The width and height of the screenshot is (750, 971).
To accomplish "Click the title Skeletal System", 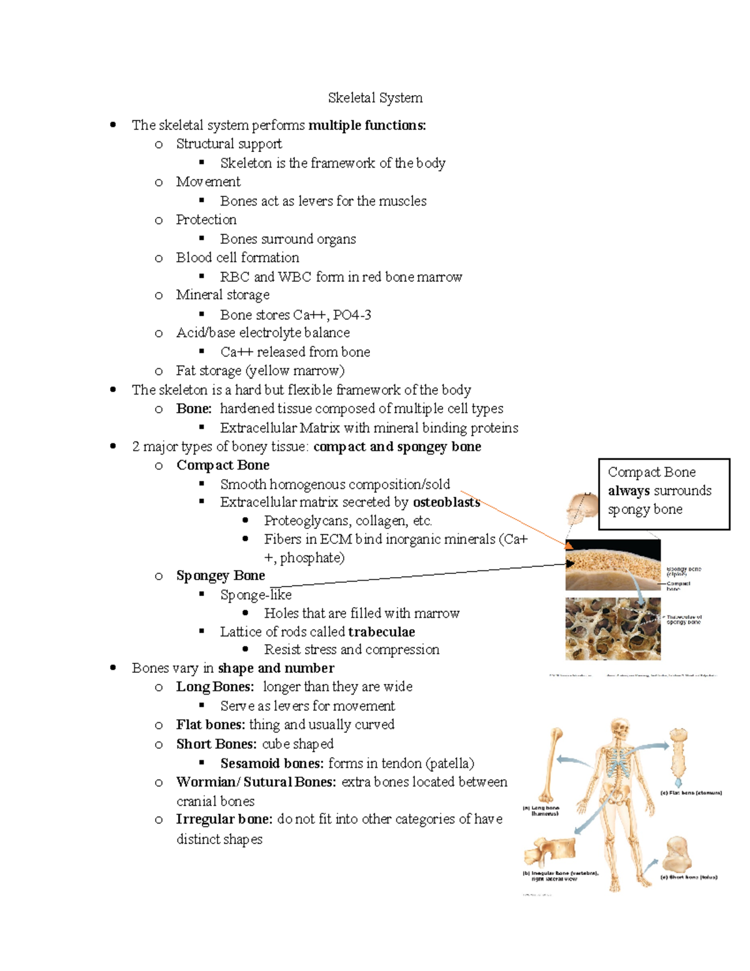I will tap(375, 98).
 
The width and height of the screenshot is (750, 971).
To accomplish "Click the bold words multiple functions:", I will tap(367, 125).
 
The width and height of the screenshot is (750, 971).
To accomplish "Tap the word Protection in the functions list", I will tap(206, 219).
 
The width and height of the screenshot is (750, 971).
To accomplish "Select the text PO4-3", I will tap(352, 314).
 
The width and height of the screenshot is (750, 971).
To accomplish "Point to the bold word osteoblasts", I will tap(446, 502).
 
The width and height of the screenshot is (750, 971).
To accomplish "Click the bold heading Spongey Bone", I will tap(220, 575).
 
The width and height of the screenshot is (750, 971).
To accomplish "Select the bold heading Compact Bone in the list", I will tap(222, 465).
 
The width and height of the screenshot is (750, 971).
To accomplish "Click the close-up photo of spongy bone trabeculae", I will tap(612, 628).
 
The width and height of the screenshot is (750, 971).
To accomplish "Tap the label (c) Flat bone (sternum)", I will tap(691, 793).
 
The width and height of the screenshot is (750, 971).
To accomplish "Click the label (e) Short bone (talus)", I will tap(689, 877).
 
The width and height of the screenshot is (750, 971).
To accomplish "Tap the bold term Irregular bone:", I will tap(224, 820).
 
